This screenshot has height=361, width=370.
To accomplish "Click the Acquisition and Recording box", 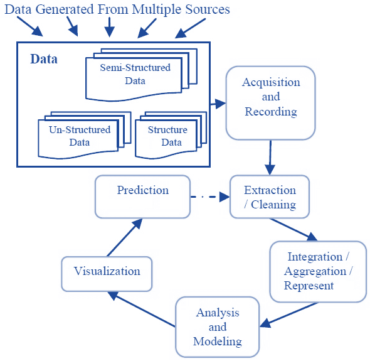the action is tap(271, 103).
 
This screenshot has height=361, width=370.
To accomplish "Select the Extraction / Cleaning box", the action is tap(270, 197).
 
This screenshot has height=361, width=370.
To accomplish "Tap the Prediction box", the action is tap(142, 197).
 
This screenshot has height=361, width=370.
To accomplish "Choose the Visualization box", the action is tap(107, 274).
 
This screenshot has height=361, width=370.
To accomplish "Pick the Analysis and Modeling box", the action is tap(218, 327).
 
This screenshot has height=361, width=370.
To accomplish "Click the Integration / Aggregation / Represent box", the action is tap(318, 271).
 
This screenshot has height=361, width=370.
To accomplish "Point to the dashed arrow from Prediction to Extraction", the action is tap(210, 197).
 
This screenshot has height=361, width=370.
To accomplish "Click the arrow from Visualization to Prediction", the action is tap(125, 237).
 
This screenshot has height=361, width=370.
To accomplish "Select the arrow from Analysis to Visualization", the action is tap(141, 309).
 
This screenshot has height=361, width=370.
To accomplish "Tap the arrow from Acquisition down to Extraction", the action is tap(270, 158).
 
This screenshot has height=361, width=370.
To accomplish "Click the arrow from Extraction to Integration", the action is tap(293, 230).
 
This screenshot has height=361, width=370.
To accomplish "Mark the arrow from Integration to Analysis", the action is tap(289, 315).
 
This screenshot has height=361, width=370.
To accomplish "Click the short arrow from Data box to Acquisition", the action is tap(218, 104).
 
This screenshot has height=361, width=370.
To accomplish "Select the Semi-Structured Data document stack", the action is tap(141, 75).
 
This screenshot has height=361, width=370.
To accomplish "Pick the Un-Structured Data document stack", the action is tap(85, 135).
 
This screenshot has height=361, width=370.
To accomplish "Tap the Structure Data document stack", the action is tap(171, 135).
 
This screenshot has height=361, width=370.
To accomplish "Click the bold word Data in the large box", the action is tap(44, 59).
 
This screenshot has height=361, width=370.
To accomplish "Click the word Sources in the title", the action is tap(208, 9).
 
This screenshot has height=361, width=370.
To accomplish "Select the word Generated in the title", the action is tap(65, 9).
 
